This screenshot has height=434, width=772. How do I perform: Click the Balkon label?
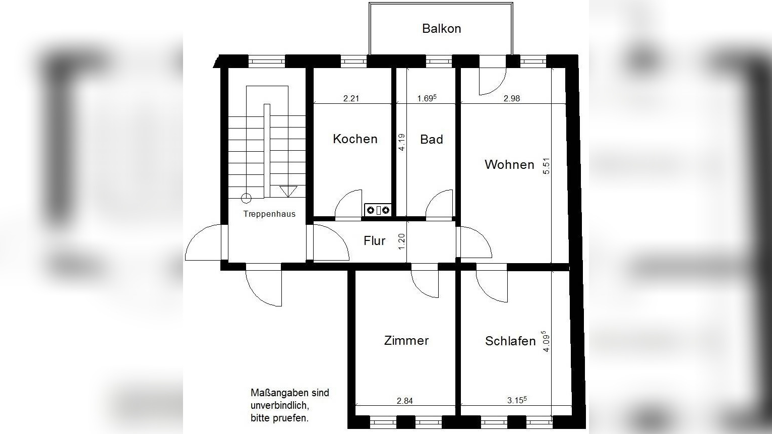(441, 29)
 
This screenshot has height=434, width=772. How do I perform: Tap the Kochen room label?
(355, 139)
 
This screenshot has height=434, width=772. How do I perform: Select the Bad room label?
(431, 140)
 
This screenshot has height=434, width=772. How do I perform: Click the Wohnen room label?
(509, 165)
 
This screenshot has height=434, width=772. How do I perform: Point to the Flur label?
(374, 241)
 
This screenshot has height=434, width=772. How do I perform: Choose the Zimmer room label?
(406, 341)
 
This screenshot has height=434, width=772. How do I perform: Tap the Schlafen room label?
(510, 341)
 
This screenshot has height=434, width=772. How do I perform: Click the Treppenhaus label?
(269, 214)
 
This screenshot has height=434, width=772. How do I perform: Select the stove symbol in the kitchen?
(378, 210)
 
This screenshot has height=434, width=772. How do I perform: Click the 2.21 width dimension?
(351, 99)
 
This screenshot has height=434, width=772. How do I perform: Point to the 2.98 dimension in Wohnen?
(511, 99)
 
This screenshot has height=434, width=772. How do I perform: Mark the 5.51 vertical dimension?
(546, 166)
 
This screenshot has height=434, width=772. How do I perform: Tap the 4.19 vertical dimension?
(401, 142)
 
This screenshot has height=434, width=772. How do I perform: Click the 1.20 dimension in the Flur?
(402, 241)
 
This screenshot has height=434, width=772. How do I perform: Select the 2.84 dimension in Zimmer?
(404, 401)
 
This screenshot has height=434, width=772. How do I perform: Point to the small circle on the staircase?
(246, 198)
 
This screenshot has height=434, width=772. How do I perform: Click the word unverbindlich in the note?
(279, 405)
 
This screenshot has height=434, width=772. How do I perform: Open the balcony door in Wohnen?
(491, 81)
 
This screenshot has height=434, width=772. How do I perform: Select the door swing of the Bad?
(440, 204)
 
